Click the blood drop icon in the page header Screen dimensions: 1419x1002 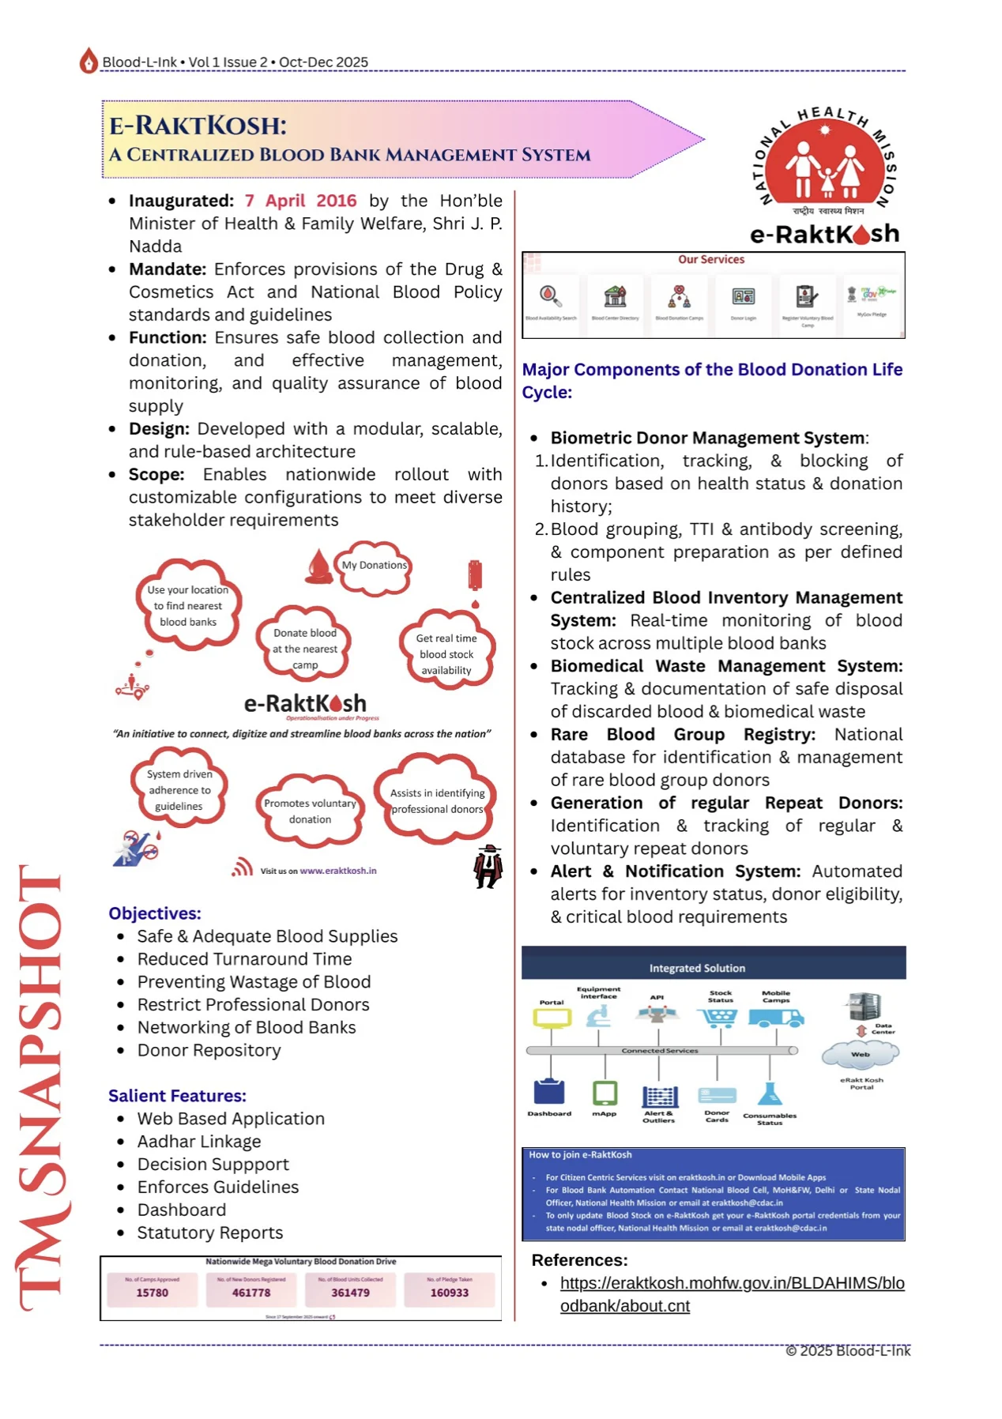point(89,61)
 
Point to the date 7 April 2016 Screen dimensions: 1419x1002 point(300,201)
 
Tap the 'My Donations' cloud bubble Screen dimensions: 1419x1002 point(375,566)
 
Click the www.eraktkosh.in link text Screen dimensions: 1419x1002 point(338,871)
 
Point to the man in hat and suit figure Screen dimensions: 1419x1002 point(488,867)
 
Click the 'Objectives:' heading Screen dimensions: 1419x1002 point(155,913)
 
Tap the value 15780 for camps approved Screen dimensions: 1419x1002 point(152,1293)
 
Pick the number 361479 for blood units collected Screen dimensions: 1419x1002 point(350,1293)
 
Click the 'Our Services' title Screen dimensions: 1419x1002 point(711,259)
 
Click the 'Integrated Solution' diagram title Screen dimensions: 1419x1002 point(697,968)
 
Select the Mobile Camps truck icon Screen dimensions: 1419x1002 point(776,1018)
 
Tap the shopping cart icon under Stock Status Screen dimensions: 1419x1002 point(718,1018)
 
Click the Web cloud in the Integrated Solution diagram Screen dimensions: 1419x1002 point(861,1054)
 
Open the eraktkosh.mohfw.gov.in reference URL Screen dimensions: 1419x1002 point(732,1294)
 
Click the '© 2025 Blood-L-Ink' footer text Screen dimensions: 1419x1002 point(848,1351)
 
